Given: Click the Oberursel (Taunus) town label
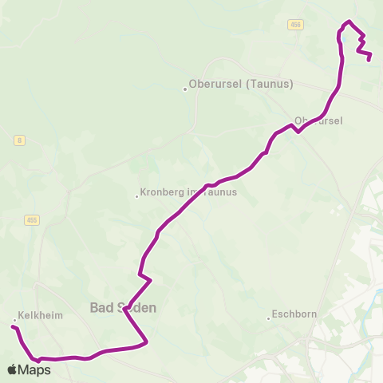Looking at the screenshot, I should [x=242, y=83].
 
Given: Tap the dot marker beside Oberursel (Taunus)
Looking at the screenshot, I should [x=185, y=89].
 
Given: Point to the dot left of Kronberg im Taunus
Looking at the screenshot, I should [x=137, y=197].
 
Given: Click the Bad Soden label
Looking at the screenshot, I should [x=123, y=307].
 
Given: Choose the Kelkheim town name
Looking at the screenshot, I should [x=41, y=316].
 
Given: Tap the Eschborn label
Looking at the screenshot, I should [x=294, y=314].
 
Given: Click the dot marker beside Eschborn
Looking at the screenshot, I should [x=268, y=319].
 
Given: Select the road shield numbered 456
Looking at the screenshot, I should [x=296, y=26].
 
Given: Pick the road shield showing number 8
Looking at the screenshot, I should [x=18, y=140].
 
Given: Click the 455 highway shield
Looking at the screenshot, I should [x=32, y=219].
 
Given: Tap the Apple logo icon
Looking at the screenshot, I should [x=12, y=369].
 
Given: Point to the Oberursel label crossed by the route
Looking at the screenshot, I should [x=318, y=120].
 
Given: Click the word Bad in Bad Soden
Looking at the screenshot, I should [x=101, y=307].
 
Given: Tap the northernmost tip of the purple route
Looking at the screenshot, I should [x=349, y=22].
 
